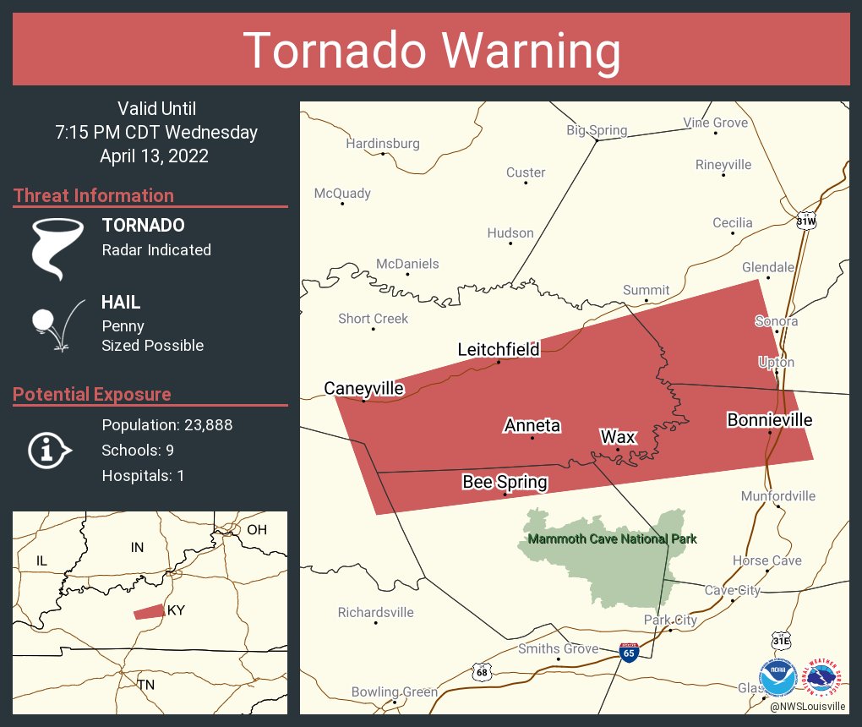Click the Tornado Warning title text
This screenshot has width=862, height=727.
tap(431, 51)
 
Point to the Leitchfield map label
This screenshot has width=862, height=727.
tap(499, 349)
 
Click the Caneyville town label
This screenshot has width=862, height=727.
tap(364, 388)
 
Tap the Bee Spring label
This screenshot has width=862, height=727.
tap(505, 482)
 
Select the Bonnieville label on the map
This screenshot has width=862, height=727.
tap(770, 419)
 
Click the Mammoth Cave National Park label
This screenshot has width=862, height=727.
tap(612, 538)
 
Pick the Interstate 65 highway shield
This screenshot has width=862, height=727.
tap(628, 653)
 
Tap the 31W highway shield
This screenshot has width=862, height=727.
tap(806, 221)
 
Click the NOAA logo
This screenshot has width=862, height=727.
tap(778, 679)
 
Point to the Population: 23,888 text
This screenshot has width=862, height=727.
tap(167, 424)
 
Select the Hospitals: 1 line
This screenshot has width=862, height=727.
tap(143, 475)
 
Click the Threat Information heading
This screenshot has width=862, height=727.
tap(94, 195)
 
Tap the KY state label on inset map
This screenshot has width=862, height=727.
tap(176, 610)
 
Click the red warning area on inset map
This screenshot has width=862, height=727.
tap(150, 611)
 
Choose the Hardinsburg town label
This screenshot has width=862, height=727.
tap(383, 144)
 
